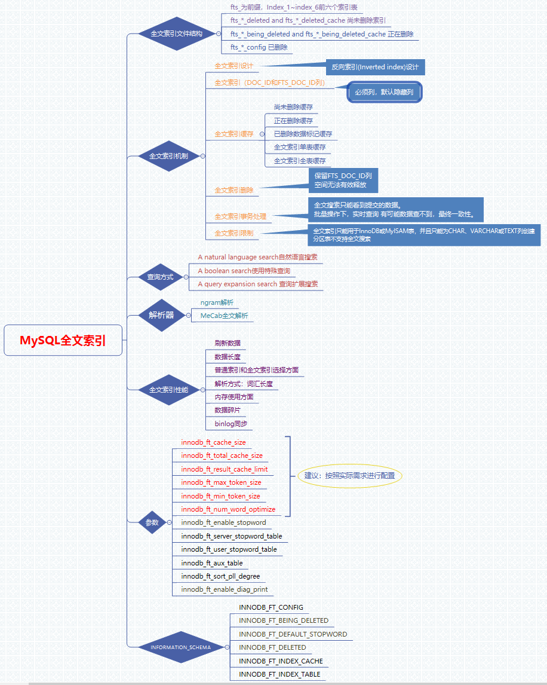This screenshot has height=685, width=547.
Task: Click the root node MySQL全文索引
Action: pos(63,341)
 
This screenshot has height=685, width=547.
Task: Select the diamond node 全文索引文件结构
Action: pos(168,33)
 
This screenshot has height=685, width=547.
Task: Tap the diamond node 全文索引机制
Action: pos(168,156)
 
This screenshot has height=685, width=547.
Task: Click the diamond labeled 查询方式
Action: pos(160,277)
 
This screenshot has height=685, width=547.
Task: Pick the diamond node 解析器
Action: pos(161,315)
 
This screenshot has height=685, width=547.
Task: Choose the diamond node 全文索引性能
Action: pos(168,390)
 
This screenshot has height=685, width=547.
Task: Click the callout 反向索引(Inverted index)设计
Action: pos(374,68)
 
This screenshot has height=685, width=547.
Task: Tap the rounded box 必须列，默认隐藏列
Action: pos(385,92)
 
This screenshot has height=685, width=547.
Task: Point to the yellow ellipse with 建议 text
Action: pos(350,476)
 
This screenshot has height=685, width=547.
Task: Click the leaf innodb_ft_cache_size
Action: pos(213,442)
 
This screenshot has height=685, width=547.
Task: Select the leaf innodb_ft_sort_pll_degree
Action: pos(220,576)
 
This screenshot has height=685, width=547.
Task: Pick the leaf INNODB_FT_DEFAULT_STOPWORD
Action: pos(293,634)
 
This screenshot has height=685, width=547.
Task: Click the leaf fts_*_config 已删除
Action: pos(259,47)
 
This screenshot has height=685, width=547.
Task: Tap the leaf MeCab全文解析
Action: pos(224,316)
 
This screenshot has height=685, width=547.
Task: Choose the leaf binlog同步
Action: pos(231,424)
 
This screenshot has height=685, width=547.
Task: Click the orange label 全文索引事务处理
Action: pos(240,216)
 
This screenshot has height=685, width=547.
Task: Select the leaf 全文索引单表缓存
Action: pos(300,147)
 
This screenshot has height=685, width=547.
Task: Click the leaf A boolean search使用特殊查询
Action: pos(244,271)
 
